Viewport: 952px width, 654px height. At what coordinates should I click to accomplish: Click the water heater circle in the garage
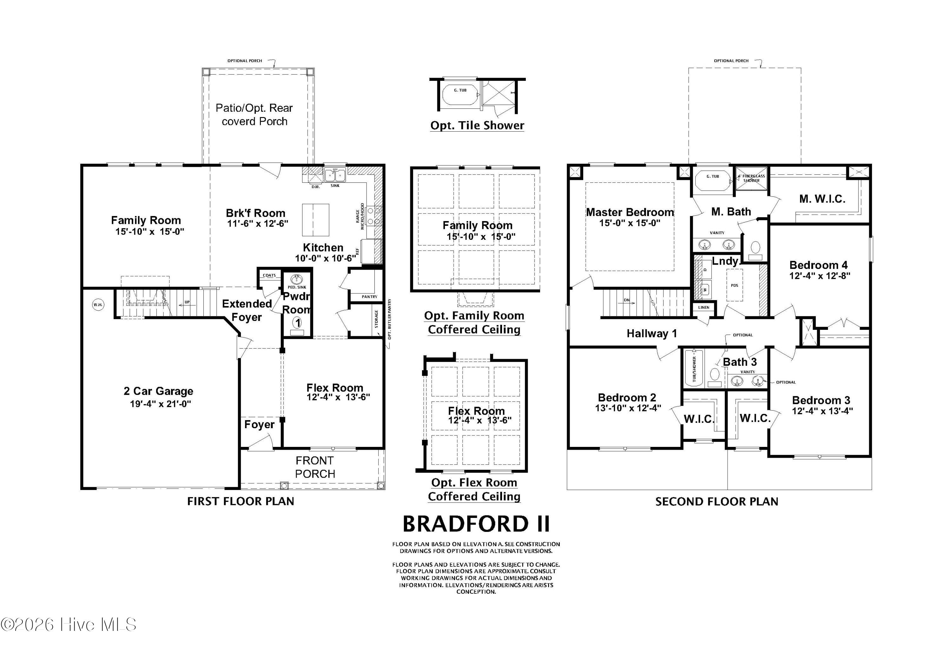coord(98,305)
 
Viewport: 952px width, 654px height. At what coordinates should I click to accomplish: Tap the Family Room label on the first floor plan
coord(146,220)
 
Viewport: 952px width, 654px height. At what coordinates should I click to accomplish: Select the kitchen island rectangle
coord(316,220)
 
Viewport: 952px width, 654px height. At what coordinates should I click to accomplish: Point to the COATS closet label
coord(269,275)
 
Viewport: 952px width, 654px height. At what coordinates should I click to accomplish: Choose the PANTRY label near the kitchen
coord(369,297)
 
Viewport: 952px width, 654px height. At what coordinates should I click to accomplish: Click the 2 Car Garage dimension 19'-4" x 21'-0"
coord(160,404)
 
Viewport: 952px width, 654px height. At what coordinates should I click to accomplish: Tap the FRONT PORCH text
coord(315,467)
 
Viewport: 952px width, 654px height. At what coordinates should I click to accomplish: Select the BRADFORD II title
coord(476,524)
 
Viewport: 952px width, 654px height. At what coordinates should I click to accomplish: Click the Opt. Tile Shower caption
coord(477,125)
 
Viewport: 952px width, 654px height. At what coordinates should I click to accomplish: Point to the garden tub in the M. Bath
coord(712,180)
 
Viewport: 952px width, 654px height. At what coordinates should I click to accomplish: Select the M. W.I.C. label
coord(822,199)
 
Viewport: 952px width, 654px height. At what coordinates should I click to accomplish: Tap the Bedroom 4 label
coord(819,265)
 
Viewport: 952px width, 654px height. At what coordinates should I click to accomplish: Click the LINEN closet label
coord(704,307)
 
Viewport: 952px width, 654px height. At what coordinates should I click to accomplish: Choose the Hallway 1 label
coord(651,334)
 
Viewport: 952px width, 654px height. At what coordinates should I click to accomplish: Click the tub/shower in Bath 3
coord(694,368)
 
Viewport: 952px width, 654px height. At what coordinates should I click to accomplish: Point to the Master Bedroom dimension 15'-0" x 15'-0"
coord(630,223)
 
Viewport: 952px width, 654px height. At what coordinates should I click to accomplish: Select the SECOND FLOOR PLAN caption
coord(717,501)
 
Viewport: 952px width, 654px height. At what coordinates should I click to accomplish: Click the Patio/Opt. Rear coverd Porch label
coord(254,115)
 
